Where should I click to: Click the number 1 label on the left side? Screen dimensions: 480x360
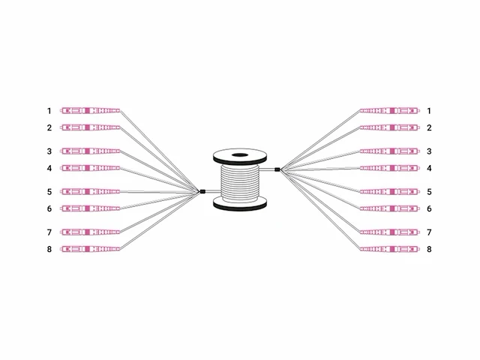pyautogui.click(x=49, y=111)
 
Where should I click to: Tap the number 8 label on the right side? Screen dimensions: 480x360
pyautogui.click(x=429, y=249)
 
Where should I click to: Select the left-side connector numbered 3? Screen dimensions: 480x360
pyautogui.click(x=90, y=151)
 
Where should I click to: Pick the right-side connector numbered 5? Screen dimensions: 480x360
pyautogui.click(x=390, y=192)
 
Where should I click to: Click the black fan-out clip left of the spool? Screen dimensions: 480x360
pyautogui.click(x=202, y=192)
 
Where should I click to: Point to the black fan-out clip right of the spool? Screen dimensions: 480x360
pyautogui.click(x=277, y=169)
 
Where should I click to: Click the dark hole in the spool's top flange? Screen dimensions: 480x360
pyautogui.click(x=240, y=155)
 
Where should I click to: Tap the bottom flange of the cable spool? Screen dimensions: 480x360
pyautogui.click(x=240, y=204)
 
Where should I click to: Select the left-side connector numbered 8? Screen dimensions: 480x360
pyautogui.click(x=90, y=249)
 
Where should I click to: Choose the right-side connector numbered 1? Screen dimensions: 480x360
pyautogui.click(x=390, y=110)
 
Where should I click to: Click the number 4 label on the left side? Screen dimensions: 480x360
pyautogui.click(x=49, y=168)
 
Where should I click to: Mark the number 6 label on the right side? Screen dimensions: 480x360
pyautogui.click(x=429, y=208)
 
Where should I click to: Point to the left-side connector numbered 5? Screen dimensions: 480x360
pyautogui.click(x=90, y=192)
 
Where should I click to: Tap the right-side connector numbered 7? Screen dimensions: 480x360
pyautogui.click(x=390, y=232)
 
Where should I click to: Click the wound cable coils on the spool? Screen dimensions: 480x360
pyautogui.click(x=240, y=183)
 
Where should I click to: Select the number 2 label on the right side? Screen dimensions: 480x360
pyautogui.click(x=429, y=127)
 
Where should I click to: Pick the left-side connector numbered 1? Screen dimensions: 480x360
pyautogui.click(x=90, y=110)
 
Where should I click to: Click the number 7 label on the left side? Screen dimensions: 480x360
pyautogui.click(x=49, y=232)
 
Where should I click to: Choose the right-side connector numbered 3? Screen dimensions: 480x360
pyautogui.click(x=390, y=151)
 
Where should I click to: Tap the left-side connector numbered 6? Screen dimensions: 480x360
pyautogui.click(x=90, y=208)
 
